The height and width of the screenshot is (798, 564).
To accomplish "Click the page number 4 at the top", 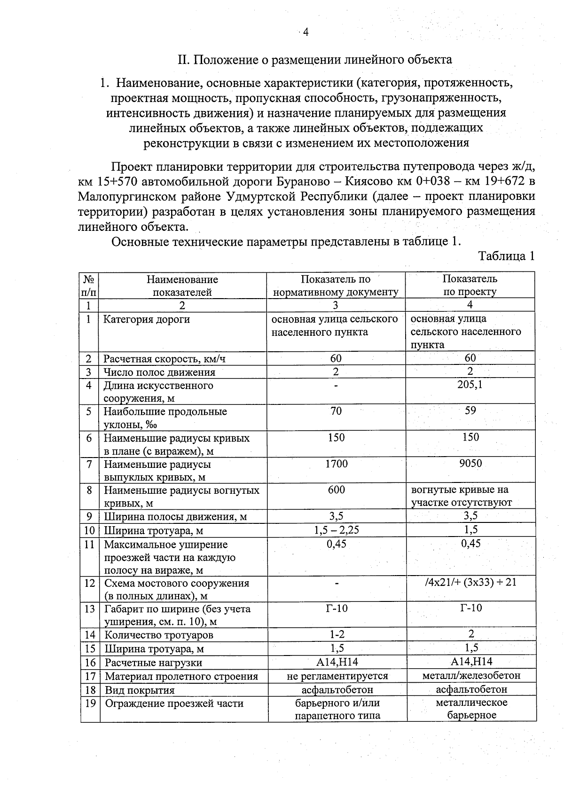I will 305,32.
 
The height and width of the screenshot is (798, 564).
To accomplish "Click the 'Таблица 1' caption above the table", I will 506,256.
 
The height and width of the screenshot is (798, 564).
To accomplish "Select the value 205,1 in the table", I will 470,385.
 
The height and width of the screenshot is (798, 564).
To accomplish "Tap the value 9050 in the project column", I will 470,464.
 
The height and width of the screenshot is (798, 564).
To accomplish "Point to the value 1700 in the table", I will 337,464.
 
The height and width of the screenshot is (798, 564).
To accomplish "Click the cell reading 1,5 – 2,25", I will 337,530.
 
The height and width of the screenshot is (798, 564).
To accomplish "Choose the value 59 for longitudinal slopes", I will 470,411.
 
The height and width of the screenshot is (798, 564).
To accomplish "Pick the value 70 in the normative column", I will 336,411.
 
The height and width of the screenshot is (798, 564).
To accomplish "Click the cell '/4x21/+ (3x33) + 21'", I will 470,583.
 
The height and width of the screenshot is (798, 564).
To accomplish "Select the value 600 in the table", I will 337,490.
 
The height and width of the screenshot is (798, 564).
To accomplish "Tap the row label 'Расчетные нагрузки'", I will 153,663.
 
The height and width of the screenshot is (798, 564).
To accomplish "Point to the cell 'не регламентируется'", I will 337,676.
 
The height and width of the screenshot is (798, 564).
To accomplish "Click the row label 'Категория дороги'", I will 147,320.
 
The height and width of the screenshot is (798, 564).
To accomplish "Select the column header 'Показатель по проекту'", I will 470,285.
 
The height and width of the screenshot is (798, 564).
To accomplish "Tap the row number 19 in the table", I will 90,703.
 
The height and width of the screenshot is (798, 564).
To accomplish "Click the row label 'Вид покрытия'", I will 140,690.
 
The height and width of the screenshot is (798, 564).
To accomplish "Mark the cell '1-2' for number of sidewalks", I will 337,635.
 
